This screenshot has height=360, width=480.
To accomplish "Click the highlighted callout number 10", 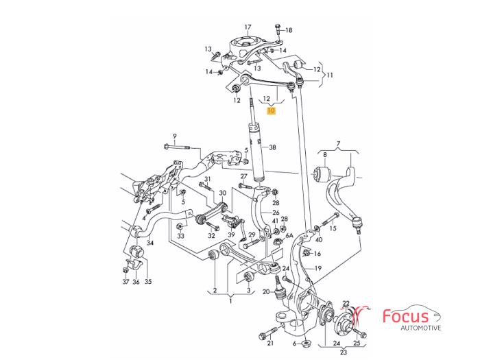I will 271,110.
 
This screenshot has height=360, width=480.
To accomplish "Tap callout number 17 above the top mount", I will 248,27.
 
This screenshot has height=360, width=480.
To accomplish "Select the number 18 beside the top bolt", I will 288,30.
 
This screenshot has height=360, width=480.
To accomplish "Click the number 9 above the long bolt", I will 175,136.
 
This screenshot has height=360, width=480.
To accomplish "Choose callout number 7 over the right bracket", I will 338,144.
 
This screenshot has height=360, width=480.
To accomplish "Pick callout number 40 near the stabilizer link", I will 318,239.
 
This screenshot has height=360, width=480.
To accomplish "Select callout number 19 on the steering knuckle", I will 318,269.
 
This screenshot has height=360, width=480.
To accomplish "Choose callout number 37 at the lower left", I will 125,282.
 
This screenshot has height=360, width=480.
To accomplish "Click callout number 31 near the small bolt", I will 208,180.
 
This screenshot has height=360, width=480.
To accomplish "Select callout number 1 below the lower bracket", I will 230,300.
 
